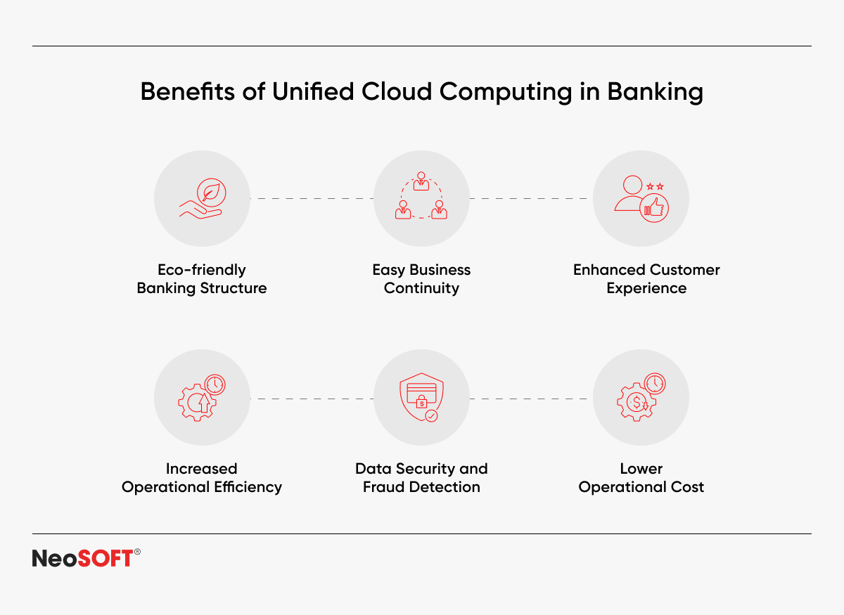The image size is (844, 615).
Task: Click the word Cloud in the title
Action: point(397,91)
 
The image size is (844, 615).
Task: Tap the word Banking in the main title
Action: point(656,92)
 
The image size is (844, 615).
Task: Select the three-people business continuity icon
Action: point(421,195)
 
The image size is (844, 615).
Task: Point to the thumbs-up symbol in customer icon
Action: point(654,208)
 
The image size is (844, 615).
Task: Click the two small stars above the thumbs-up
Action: point(655,186)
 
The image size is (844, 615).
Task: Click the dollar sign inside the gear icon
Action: point(637,403)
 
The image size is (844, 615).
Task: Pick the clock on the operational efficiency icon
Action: point(215,384)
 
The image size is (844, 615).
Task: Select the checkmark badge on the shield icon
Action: point(431,416)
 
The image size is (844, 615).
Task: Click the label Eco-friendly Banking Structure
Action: point(202,279)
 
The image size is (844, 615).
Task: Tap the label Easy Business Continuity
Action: point(421,279)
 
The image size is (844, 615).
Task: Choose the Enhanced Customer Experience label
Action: point(646,279)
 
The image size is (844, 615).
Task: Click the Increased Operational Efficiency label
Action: point(202,478)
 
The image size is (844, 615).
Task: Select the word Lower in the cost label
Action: point(641,469)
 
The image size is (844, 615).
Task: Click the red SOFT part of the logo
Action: point(105,558)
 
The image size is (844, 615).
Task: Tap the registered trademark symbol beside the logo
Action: point(137,552)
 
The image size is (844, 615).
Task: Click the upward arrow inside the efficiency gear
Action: point(204,403)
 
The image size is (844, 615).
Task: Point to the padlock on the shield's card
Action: point(421,401)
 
